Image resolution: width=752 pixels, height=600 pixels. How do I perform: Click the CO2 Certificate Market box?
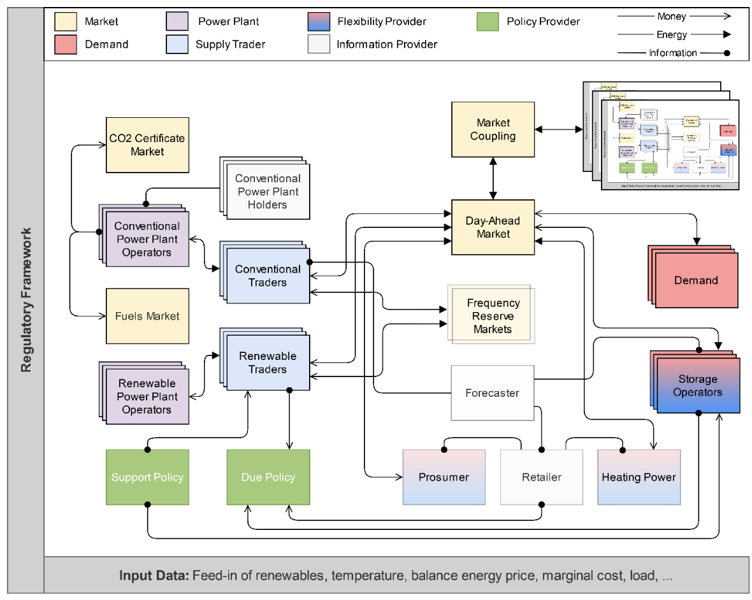147,145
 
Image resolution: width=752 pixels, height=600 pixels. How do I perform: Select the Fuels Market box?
147,316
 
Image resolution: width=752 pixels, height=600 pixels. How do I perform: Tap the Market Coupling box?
493,129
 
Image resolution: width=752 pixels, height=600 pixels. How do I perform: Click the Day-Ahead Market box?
493,227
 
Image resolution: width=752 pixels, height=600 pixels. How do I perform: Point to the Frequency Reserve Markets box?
493,316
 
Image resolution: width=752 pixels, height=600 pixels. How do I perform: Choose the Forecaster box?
492,393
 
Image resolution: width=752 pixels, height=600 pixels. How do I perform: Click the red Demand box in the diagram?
697,280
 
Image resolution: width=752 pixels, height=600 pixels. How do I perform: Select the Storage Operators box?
698,385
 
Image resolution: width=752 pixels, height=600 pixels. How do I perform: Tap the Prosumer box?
444,477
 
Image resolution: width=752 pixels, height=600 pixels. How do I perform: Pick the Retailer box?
542,477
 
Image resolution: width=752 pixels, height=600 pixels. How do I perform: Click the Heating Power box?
639,477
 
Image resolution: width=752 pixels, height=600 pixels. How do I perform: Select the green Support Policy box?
147,477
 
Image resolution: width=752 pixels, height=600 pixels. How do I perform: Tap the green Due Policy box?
268,477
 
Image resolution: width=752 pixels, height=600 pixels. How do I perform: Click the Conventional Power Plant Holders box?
268,191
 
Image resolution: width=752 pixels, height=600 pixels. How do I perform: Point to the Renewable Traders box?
268,363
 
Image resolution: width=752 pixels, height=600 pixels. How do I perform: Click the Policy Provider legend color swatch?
487,22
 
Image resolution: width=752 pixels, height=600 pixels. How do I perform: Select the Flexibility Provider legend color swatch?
317,22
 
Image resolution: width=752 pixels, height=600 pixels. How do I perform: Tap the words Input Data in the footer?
153,576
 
